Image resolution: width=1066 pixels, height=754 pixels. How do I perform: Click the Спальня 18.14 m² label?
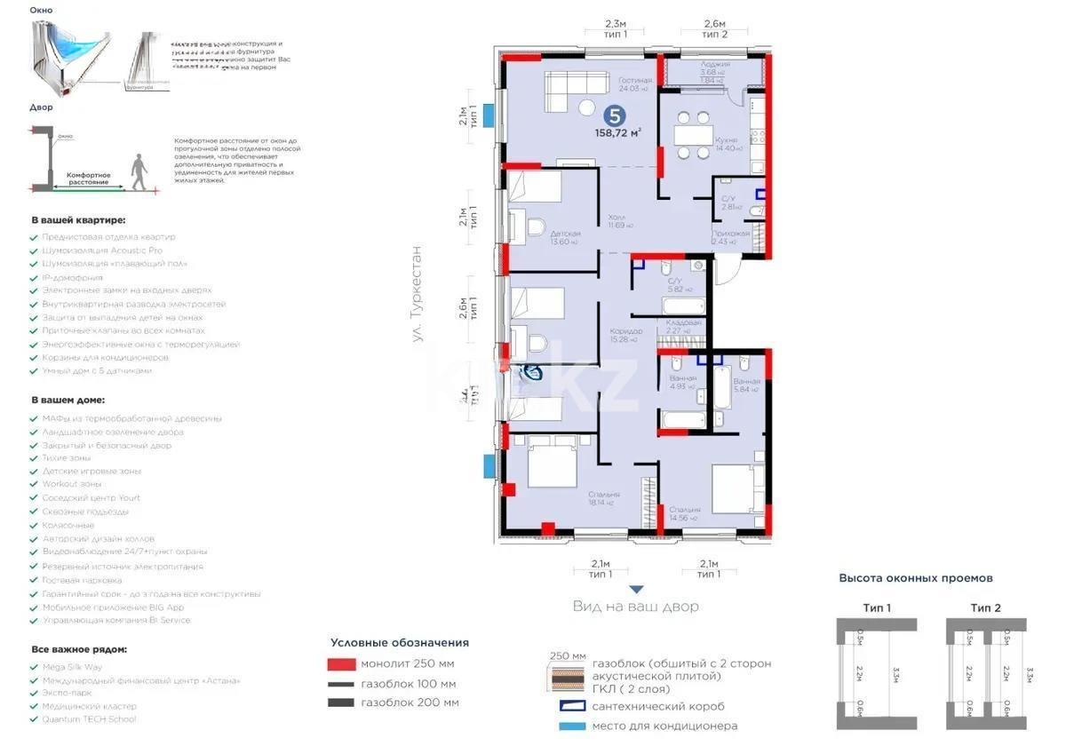[x=604, y=498]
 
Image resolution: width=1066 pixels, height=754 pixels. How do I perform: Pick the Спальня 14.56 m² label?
[x=685, y=513]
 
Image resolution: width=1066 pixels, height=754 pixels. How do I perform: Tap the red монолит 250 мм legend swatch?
[x=341, y=664]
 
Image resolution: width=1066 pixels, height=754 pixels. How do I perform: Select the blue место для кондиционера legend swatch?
[x=572, y=726]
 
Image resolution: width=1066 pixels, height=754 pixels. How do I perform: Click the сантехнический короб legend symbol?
[x=572, y=706]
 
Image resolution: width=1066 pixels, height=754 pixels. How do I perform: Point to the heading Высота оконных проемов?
[x=916, y=578]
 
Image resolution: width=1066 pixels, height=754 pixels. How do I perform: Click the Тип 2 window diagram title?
[x=985, y=607]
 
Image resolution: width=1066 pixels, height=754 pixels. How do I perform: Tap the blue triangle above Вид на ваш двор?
[x=635, y=589]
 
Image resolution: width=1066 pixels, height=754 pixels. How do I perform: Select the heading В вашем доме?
[x=68, y=400]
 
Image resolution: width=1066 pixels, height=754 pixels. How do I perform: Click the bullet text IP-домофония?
[x=72, y=277]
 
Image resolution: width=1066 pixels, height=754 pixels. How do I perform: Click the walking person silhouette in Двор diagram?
[x=137, y=171]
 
